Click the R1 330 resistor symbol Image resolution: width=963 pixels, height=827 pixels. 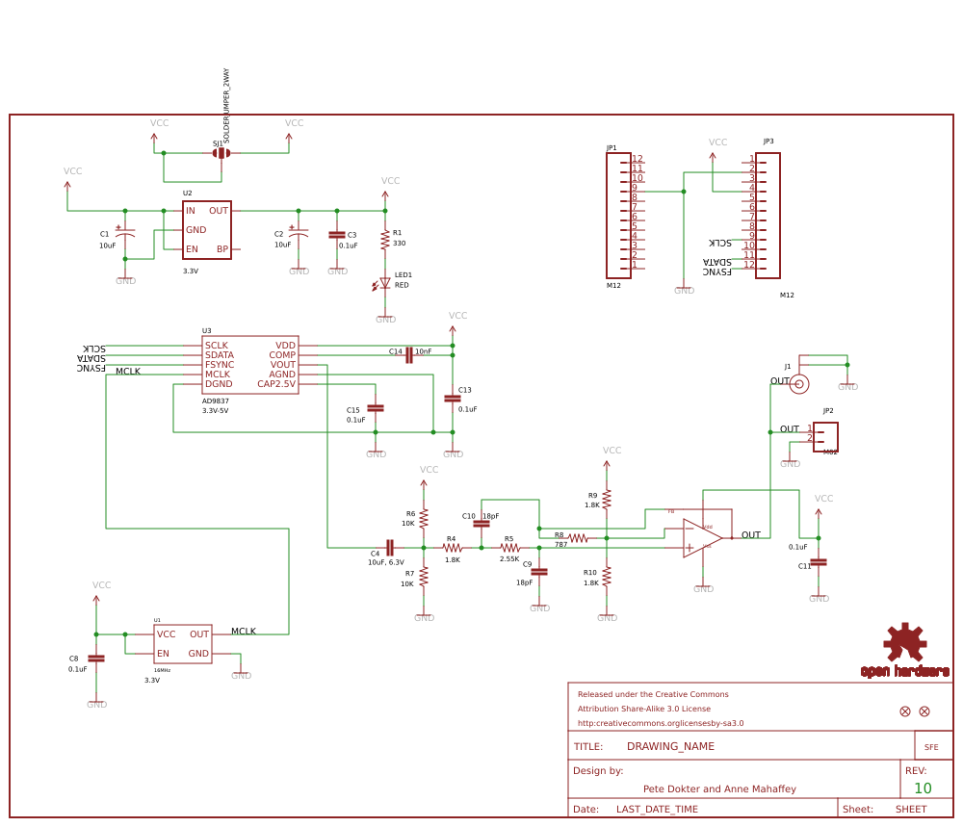[385, 238]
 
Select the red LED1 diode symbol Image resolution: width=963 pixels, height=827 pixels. [385, 283]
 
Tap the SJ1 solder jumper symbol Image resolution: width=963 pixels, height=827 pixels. [221, 153]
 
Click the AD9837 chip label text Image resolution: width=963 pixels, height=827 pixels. [216, 401]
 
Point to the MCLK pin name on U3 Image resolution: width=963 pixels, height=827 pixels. [218, 375]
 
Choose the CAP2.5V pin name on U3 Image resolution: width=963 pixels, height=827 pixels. [276, 384]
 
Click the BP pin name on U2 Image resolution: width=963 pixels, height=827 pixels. [222, 249]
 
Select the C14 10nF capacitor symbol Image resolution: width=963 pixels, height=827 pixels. [409, 354]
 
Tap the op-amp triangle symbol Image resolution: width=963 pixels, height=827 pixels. [702, 538]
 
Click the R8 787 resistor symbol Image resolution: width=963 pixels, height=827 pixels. [578, 538]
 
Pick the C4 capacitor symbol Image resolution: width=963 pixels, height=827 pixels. [390, 547]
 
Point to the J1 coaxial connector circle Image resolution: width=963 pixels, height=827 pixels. [799, 384]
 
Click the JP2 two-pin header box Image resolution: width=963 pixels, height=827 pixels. [825, 436]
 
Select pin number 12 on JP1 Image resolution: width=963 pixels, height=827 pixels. [638, 159]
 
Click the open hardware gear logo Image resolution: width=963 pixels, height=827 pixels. [905, 642]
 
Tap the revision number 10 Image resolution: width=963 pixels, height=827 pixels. [923, 788]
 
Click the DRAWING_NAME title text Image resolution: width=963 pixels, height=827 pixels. [670, 746]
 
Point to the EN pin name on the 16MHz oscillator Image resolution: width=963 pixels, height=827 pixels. [163, 654]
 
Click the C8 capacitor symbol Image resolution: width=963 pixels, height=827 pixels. [96, 658]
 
